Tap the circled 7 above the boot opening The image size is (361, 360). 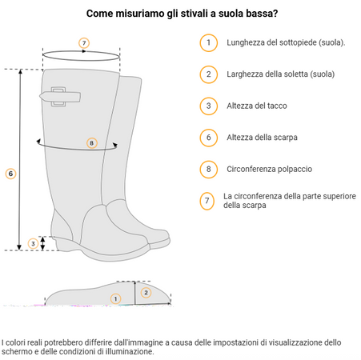coord(84,43)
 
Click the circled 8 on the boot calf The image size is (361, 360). coord(92,143)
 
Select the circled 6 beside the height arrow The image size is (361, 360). coord(10,174)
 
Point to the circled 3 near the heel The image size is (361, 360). coord(33,243)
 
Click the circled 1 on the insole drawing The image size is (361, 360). coord(115,298)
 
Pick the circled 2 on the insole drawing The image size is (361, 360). coord(146,293)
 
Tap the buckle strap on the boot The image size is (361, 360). coord(60,97)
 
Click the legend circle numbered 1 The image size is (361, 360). coord(209,42)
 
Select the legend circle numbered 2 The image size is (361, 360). coord(209,74)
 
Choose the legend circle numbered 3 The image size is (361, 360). coord(209,106)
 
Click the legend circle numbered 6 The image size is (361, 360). coord(209,138)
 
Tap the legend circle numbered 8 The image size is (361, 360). coord(209,169)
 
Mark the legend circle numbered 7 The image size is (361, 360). coord(207,201)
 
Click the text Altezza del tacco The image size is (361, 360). coord(257,106)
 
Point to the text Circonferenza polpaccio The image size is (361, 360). coord(270,169)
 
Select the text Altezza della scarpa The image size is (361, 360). coord(262,138)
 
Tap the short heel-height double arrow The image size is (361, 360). coord(42,243)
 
